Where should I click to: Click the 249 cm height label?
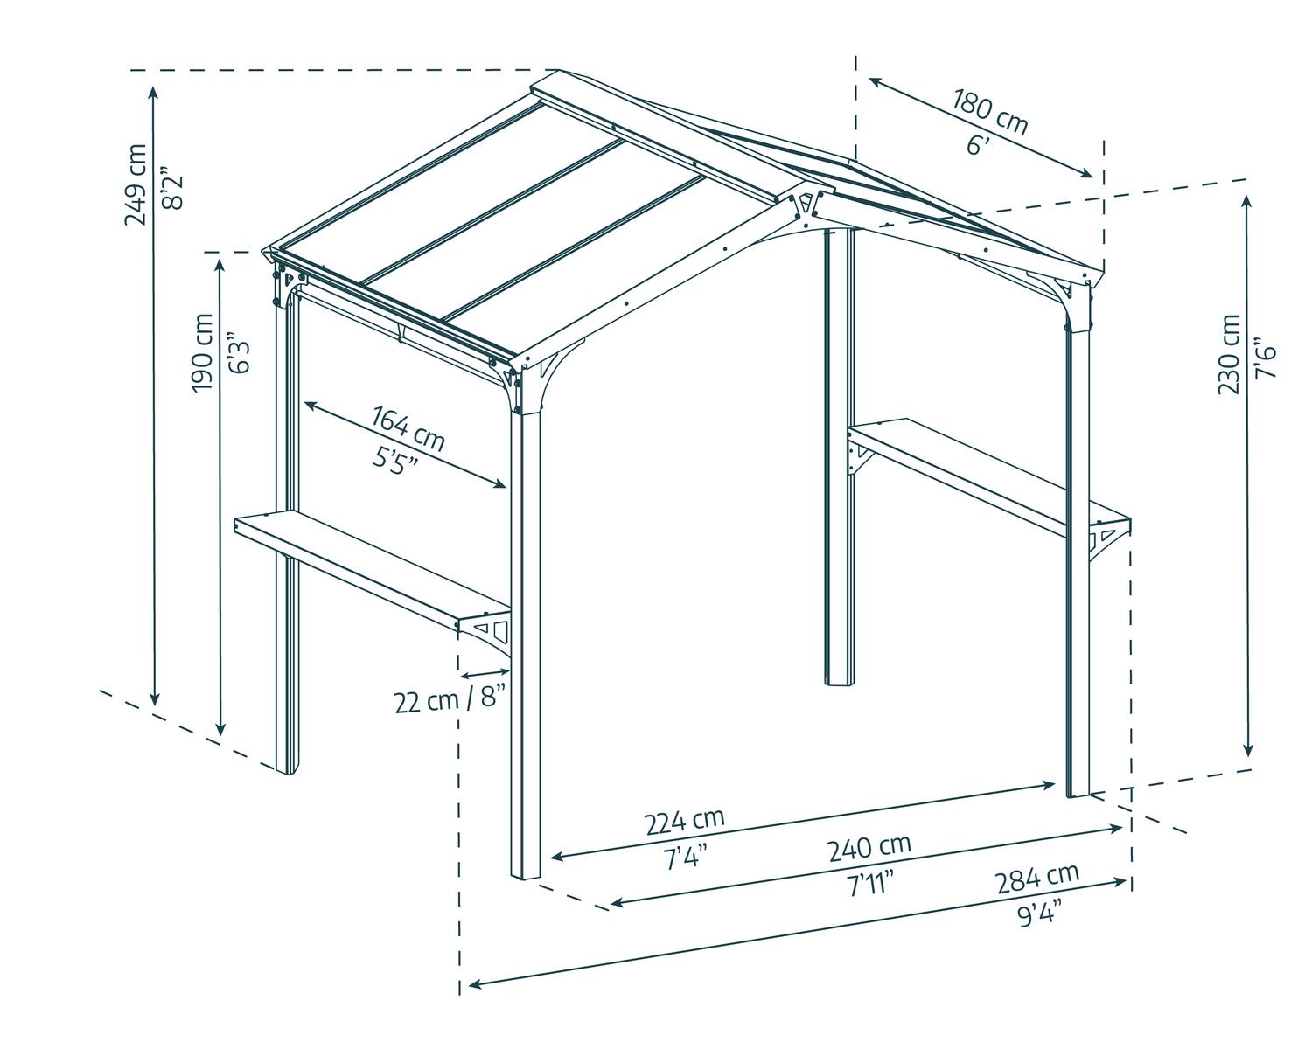point(136,184)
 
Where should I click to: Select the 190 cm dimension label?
point(203,352)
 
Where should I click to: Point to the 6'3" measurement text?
point(238,352)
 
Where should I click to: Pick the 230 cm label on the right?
point(1229,354)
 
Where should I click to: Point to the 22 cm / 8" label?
point(450,699)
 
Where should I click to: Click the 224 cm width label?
point(685,820)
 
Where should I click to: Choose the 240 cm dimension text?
point(870,847)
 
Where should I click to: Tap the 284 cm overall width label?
point(1037,875)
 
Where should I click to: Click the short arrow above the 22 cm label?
point(485,673)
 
